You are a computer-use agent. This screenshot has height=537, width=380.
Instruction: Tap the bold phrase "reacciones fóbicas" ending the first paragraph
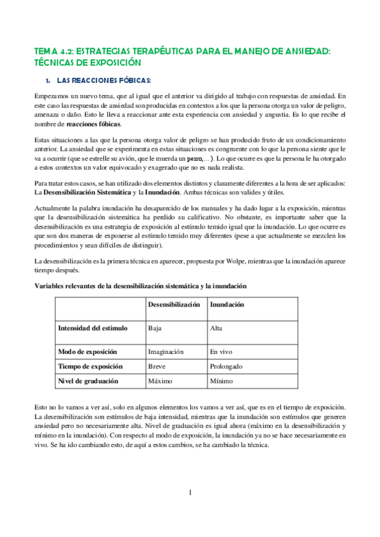93,124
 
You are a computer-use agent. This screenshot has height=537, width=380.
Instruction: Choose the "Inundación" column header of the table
227,305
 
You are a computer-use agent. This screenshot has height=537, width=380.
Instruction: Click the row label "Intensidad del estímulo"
93,328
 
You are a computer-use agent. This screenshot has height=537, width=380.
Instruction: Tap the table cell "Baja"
154,328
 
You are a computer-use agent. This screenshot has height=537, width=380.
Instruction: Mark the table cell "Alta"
216,328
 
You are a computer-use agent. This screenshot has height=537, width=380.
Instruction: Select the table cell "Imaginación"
166,351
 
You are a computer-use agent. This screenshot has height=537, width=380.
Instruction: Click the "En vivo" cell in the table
221,351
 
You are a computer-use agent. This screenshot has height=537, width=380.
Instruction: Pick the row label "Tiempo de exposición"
90,367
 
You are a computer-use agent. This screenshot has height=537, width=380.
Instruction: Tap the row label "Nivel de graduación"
88,381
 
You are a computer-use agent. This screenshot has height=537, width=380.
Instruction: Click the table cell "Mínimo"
221,381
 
